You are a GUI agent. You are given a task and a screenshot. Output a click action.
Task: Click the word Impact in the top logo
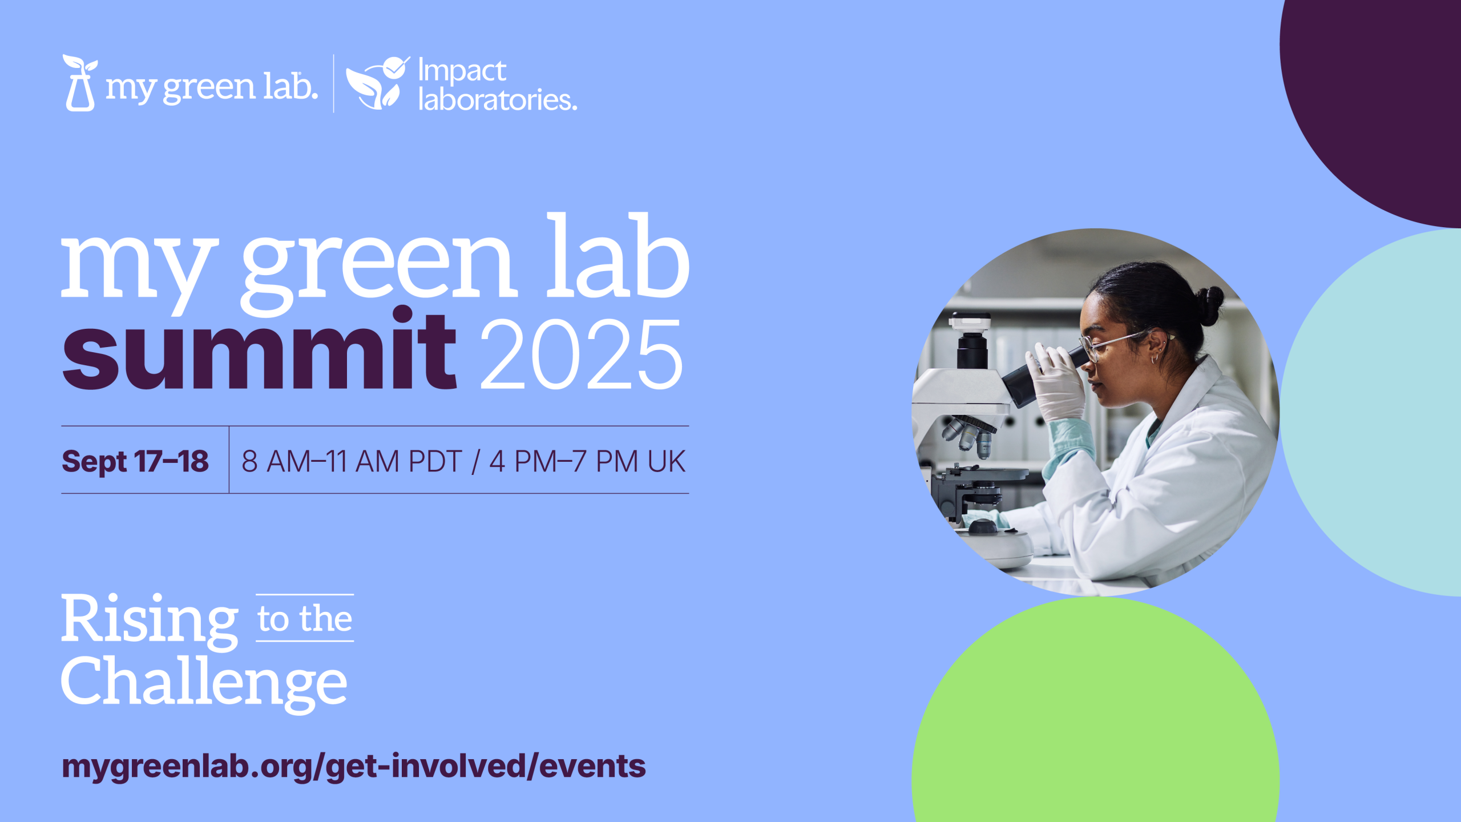pos(462,71)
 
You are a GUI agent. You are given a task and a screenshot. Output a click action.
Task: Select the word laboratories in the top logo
pos(498,99)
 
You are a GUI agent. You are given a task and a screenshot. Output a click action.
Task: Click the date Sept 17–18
pos(135,461)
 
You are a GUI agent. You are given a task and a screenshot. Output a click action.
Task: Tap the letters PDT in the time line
pos(435,461)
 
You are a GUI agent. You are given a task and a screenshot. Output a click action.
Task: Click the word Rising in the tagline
pos(150,621)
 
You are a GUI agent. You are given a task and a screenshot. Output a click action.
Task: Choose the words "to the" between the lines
pos(305,619)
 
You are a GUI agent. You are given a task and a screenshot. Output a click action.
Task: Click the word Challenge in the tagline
pos(204,683)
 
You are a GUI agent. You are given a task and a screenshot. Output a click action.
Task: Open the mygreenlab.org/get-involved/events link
pos(354,766)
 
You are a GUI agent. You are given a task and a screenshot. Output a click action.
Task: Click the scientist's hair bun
pos(1209,305)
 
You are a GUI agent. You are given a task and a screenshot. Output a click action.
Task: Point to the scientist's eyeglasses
pos(1113,344)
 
